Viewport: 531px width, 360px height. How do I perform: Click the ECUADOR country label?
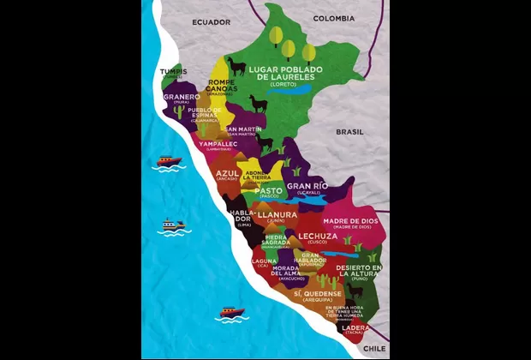click(212, 21)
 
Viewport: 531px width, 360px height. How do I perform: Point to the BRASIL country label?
click(349, 132)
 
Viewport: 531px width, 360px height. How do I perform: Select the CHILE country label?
click(374, 349)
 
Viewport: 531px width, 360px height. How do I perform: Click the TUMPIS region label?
click(173, 73)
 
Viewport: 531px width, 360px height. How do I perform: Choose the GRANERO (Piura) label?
click(181, 98)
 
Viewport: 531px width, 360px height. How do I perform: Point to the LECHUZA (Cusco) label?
click(318, 237)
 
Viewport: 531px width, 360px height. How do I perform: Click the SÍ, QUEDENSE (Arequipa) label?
click(318, 296)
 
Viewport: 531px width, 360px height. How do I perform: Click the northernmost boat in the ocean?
click(169, 160)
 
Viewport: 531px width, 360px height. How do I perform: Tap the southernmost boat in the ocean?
click(231, 313)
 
